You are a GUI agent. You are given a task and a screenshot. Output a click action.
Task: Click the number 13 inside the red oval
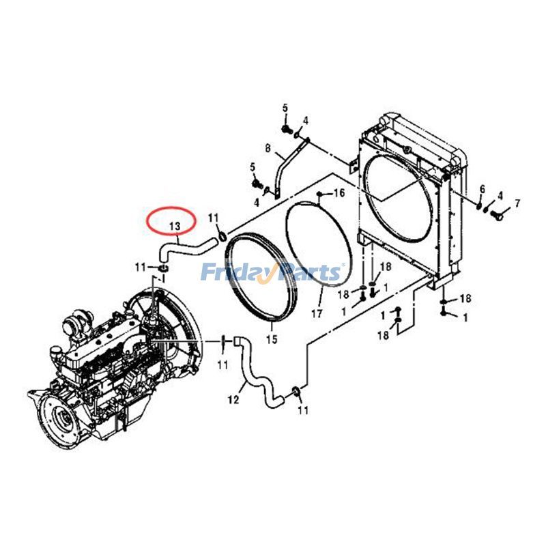coord(174,225)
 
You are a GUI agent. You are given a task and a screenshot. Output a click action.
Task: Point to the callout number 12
coord(233,400)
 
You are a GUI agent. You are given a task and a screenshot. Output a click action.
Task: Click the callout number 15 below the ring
coord(271,339)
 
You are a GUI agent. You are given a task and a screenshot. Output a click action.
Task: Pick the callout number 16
coord(339,194)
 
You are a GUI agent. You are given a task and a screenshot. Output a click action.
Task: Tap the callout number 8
coord(268,148)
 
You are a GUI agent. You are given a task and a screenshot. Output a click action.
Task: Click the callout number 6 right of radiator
coord(482,189)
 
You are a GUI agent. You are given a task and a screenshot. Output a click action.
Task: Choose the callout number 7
coord(517,203)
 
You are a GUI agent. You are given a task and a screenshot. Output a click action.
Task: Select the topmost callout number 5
coord(285,107)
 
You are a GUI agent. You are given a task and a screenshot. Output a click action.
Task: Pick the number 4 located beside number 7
coord(500,195)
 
